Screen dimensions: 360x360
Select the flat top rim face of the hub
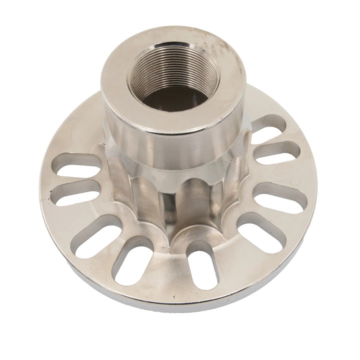[x=120, y=75]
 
